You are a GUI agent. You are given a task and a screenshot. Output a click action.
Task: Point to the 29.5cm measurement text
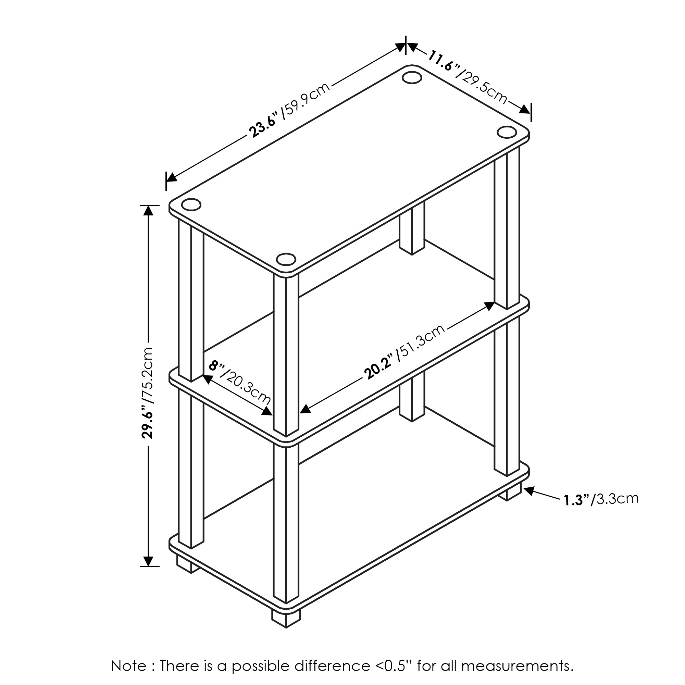click(484, 85)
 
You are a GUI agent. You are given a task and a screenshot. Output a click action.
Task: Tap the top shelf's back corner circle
click(412, 78)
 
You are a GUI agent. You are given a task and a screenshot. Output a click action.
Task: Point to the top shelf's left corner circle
click(191, 204)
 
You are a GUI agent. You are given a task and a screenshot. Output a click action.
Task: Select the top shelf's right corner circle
click(506, 132)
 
